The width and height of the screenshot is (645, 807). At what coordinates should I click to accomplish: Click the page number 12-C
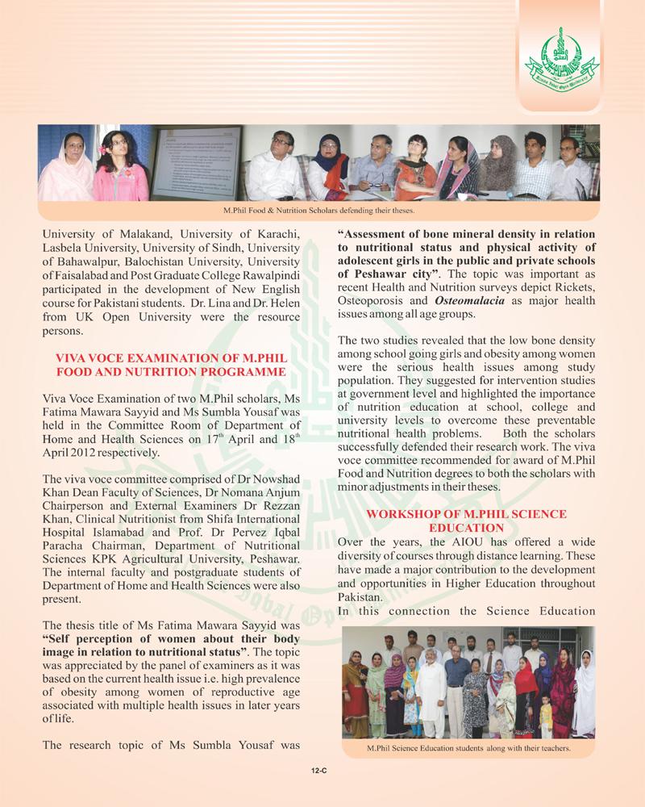pos(322,771)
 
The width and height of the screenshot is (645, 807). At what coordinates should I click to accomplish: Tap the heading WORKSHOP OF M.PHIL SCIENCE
pos(467,514)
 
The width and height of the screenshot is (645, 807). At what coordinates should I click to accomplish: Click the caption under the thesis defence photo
pos(319,210)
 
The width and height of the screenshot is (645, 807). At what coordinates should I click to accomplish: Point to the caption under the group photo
pos(468,749)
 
